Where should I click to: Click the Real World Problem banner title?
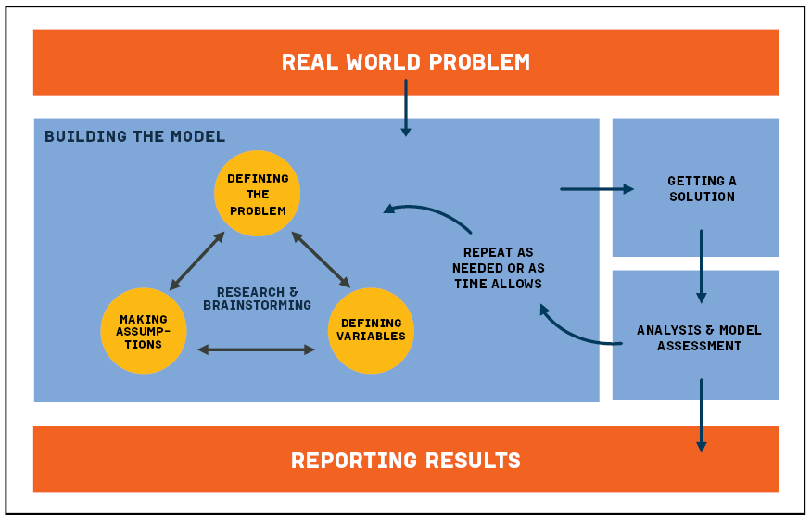coord(406,62)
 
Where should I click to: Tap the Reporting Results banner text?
coord(406,460)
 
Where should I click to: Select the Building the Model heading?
coord(135,136)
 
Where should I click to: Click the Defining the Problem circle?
coord(258,194)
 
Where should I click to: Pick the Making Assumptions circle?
coord(144,331)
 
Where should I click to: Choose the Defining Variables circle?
coord(371,330)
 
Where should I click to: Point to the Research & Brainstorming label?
coord(258,299)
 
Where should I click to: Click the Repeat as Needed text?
coord(499,268)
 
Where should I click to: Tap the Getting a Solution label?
coord(702,188)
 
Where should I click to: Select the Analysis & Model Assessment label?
coord(699,338)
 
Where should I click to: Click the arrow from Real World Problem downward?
coord(405,108)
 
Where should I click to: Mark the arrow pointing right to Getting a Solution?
coord(597,189)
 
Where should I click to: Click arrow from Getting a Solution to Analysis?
coord(701,266)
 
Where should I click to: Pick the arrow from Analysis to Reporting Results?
coord(701,414)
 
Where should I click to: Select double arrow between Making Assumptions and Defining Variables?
coord(257,349)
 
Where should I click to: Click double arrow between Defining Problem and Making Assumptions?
coord(197,261)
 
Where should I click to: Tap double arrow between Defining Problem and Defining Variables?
coord(321,260)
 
